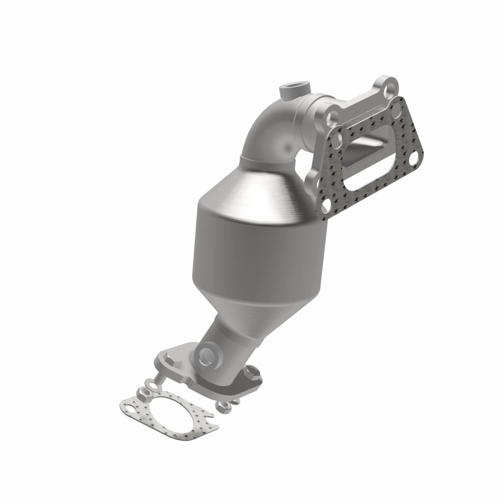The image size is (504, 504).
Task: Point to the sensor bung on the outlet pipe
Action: coord(205,356)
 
